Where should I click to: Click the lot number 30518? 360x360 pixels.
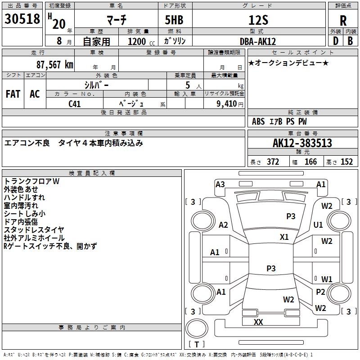point(22,19)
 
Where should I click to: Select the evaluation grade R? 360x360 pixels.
point(343,21)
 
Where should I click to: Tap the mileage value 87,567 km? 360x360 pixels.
point(55,65)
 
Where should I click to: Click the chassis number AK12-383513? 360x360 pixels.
point(302,143)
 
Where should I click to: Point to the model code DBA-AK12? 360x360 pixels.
point(258,41)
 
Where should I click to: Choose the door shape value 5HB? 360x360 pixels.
point(174,20)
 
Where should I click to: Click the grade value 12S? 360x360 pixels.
point(258,20)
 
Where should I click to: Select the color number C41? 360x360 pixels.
point(75,104)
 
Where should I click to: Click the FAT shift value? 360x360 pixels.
point(13,94)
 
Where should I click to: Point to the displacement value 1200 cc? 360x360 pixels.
point(141,42)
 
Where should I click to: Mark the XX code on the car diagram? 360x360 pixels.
point(258,322)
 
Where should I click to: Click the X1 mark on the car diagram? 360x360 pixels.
point(284,237)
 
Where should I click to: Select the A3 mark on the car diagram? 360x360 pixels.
point(220,184)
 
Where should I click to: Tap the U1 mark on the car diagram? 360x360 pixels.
point(318,225)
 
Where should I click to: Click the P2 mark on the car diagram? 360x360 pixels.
point(320,292)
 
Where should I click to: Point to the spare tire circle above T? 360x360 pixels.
point(197,328)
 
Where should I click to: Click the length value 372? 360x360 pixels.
point(273,162)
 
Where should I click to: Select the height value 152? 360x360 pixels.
point(346,162)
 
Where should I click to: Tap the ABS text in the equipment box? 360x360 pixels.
point(258,121)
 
